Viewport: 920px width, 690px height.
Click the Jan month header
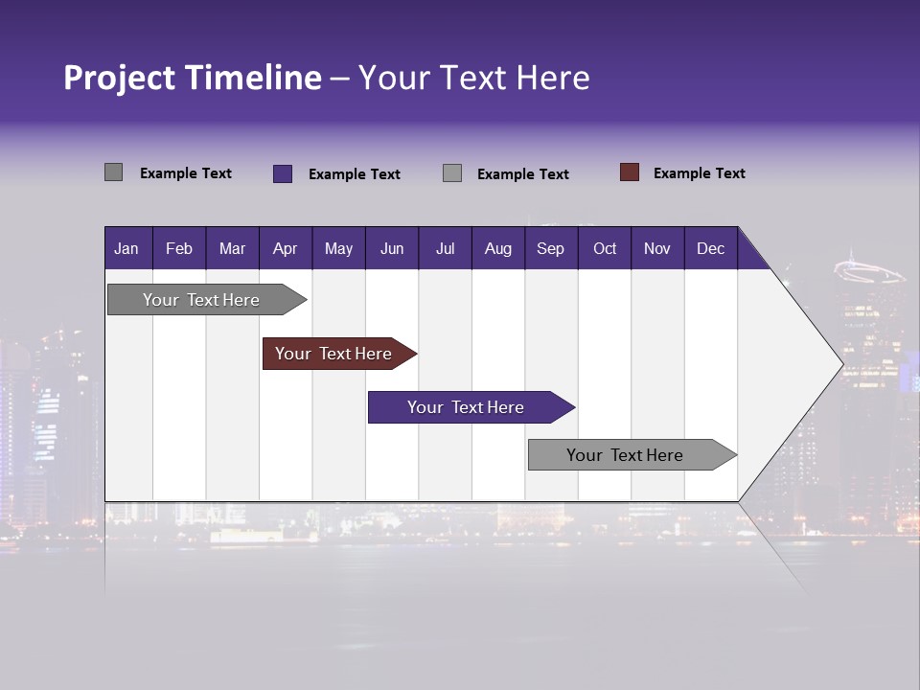[x=126, y=248]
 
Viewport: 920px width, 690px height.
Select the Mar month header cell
[x=232, y=248]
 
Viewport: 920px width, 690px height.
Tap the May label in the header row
[x=338, y=248]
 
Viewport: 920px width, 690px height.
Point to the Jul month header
[x=445, y=248]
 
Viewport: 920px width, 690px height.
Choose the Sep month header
[x=550, y=248]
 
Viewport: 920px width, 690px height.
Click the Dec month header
[x=710, y=248]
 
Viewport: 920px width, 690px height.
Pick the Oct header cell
[x=605, y=248]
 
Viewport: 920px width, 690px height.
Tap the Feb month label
[x=179, y=248]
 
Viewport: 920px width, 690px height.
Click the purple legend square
[x=283, y=173]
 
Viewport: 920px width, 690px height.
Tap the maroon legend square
[x=630, y=172]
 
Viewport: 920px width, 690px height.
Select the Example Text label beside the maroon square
[x=699, y=173]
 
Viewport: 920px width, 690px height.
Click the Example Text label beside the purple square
[x=354, y=174]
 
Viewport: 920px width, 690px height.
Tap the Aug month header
[x=497, y=248]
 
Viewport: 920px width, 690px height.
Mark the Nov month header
[x=657, y=248]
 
